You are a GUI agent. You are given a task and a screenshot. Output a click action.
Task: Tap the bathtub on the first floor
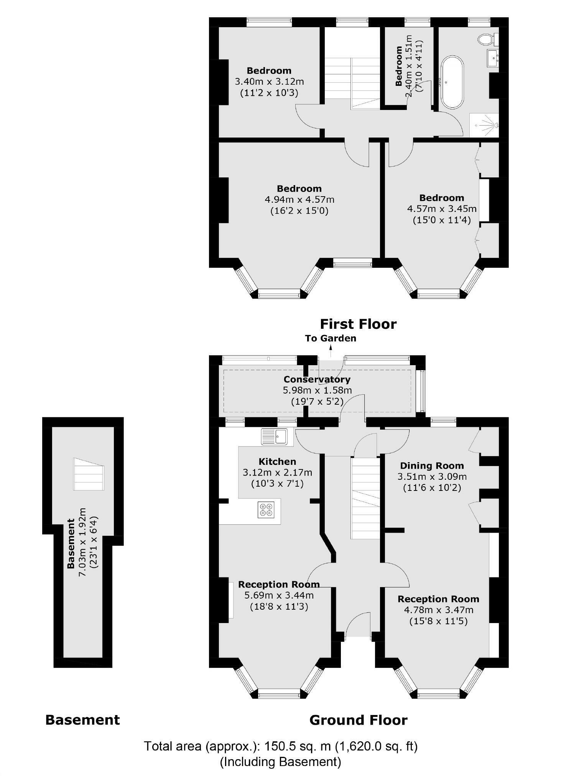coord(452,83)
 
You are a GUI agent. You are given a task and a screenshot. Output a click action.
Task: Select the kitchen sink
coord(274,436)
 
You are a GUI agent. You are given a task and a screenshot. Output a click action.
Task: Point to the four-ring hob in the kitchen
coord(266,509)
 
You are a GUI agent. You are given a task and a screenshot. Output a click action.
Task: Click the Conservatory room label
coord(317,379)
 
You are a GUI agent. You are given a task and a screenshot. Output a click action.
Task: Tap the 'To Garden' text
coord(331,338)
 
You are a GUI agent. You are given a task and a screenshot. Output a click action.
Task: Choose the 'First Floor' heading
coord(358,324)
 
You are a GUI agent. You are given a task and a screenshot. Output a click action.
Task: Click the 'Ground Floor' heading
coord(358,720)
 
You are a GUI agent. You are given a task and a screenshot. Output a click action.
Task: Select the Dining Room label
coord(432,466)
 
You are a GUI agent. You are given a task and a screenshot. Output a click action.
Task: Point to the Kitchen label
coord(277,461)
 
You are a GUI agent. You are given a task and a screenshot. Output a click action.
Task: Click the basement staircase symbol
coord(89,474)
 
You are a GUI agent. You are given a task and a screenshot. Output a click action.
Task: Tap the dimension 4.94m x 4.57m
coord(299,200)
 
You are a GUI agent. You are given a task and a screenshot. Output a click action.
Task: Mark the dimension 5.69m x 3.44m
coord(279,595)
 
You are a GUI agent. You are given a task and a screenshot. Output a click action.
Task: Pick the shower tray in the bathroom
coord(484,125)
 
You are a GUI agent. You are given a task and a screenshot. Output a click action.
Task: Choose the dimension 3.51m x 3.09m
coord(432,477)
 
